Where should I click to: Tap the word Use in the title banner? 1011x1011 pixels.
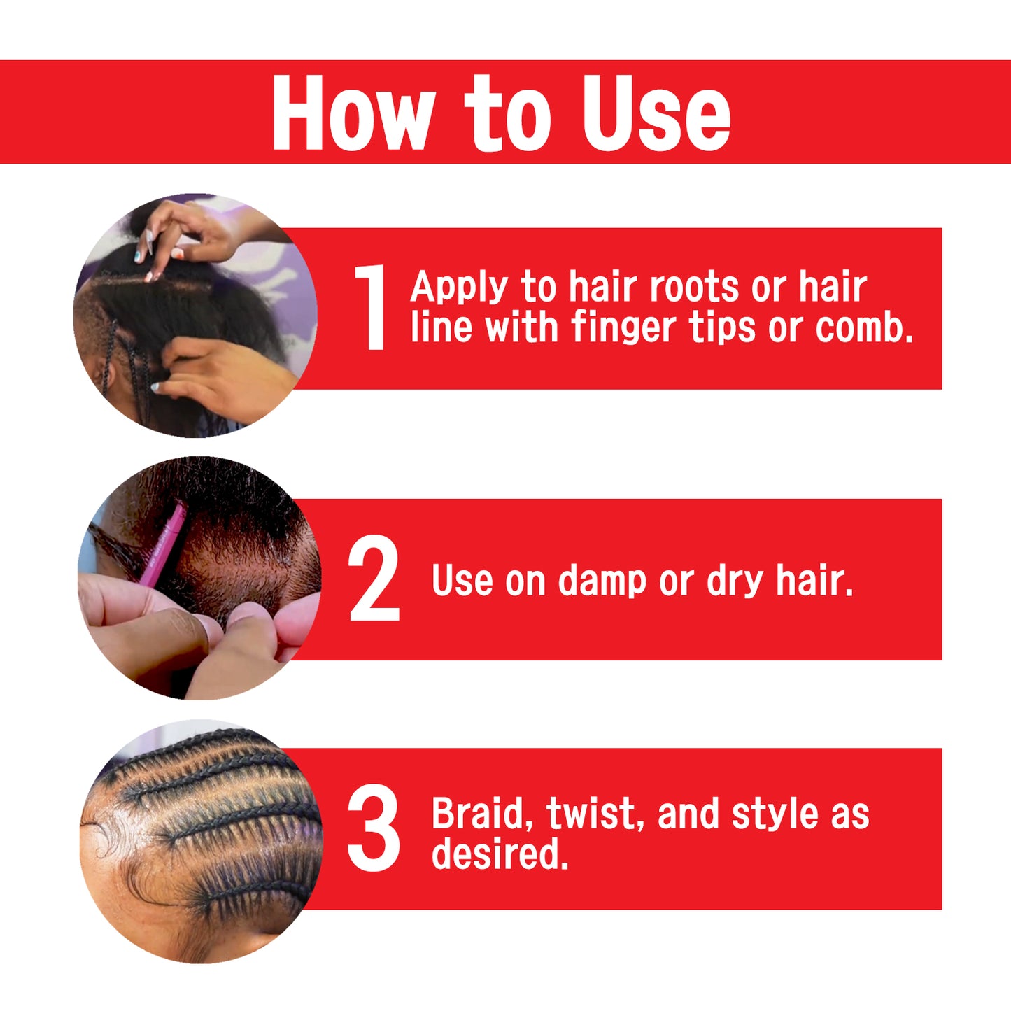[x=657, y=112]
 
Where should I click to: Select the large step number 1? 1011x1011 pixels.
[x=371, y=307]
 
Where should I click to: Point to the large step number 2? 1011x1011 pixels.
[x=373, y=578]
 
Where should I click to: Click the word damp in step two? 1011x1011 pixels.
[x=601, y=581]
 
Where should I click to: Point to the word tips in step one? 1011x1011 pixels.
[x=723, y=330]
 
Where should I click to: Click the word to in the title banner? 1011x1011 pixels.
[x=507, y=112]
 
